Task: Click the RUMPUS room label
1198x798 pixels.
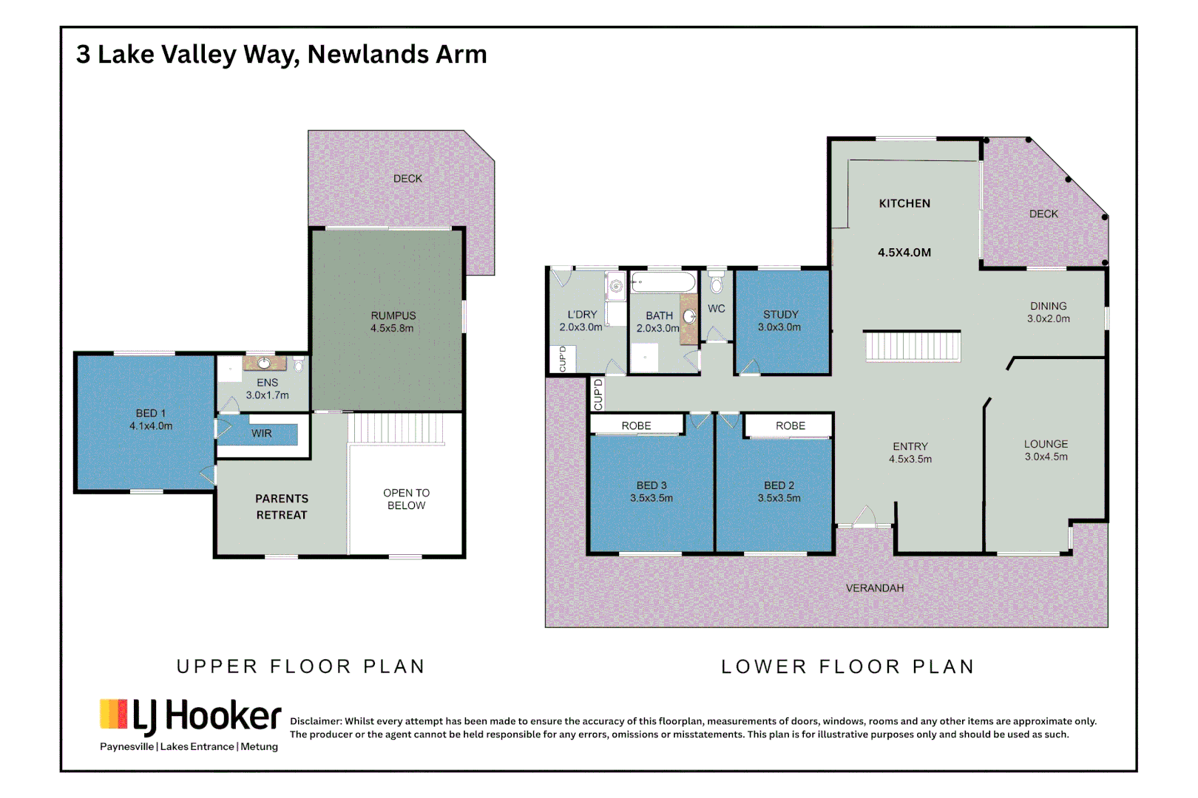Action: click(x=393, y=316)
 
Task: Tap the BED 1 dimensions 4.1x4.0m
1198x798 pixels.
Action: click(x=151, y=426)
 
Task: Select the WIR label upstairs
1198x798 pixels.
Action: click(x=262, y=434)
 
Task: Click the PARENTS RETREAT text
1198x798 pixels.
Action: click(x=282, y=507)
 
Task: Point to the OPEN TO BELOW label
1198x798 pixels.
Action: click(x=406, y=499)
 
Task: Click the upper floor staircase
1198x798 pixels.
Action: click(x=396, y=429)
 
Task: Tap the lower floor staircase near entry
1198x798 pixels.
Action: click(x=913, y=347)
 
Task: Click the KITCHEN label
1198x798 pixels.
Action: click(x=904, y=203)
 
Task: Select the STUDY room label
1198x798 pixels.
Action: click(x=781, y=315)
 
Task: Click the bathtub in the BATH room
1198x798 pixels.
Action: click(x=663, y=282)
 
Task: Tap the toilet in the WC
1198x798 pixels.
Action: click(x=716, y=283)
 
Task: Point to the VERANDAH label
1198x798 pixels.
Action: click(x=875, y=588)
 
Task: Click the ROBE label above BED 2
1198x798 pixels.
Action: click(x=791, y=426)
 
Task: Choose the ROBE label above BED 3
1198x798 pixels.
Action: click(x=636, y=426)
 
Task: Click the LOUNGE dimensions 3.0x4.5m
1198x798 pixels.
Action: click(x=1046, y=457)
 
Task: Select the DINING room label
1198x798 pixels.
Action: click(x=1048, y=306)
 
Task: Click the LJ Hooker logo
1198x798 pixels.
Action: click(x=191, y=717)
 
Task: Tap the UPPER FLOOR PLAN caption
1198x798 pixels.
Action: click(x=301, y=666)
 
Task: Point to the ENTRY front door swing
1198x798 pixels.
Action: click(x=864, y=516)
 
